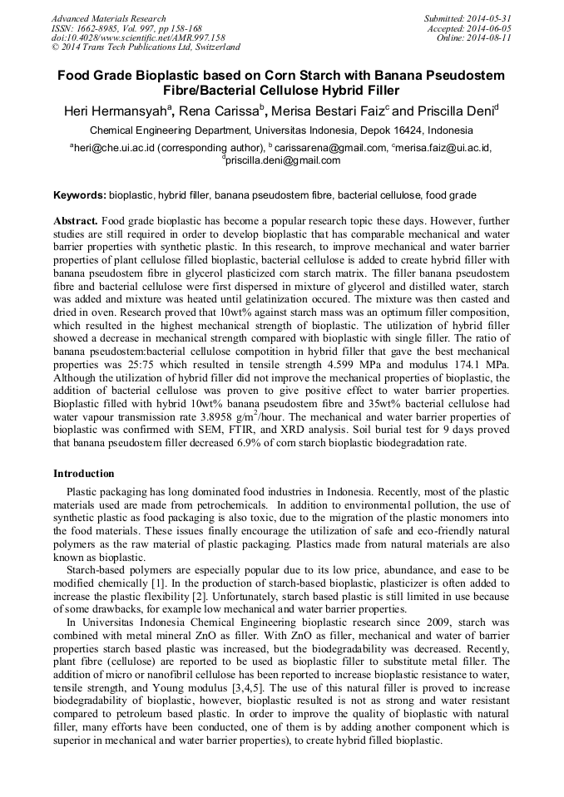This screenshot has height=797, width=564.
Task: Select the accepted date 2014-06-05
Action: [x=491, y=28]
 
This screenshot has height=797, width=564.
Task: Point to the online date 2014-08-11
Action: [x=492, y=37]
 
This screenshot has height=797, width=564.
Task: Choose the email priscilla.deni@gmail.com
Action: [x=283, y=160]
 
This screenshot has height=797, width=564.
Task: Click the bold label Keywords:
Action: [x=80, y=196]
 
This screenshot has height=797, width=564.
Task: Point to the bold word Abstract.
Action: [x=77, y=222]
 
